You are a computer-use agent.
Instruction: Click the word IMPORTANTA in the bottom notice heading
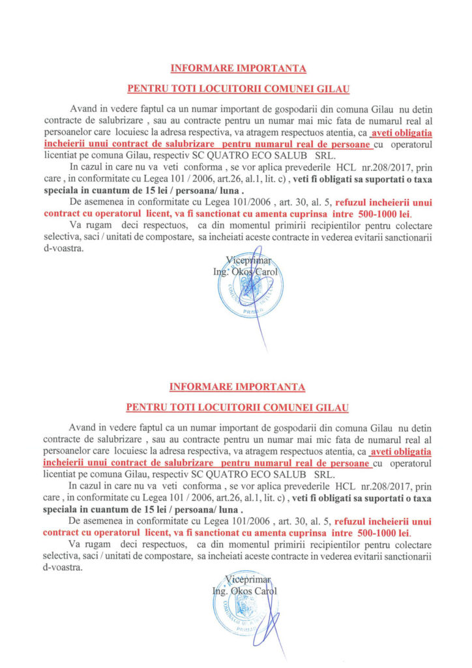click(x=271, y=387)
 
